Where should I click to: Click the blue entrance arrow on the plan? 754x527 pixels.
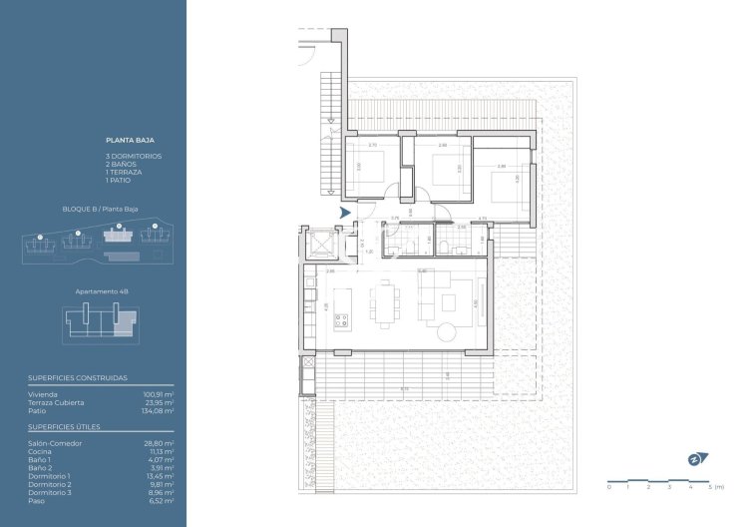coord(344,213)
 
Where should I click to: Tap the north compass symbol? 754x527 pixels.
coord(696,458)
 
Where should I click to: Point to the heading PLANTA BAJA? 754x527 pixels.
coord(125,141)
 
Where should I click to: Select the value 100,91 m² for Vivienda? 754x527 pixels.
coord(159,395)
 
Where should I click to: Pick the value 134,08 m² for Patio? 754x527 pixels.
coord(159,410)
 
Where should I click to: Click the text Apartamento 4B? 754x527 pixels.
coord(103,291)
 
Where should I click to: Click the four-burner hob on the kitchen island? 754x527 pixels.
coord(342,320)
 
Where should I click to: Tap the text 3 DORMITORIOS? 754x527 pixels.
coord(134,157)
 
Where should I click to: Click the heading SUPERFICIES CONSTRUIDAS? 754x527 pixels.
coord(70,379)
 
